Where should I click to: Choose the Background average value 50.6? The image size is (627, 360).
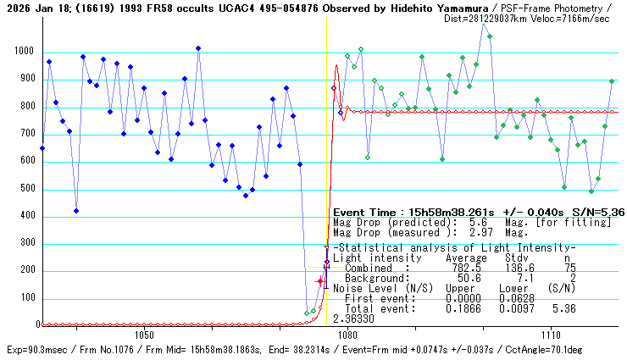469,278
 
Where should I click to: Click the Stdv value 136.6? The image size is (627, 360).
518,268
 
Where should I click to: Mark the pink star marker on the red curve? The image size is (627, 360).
320,280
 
